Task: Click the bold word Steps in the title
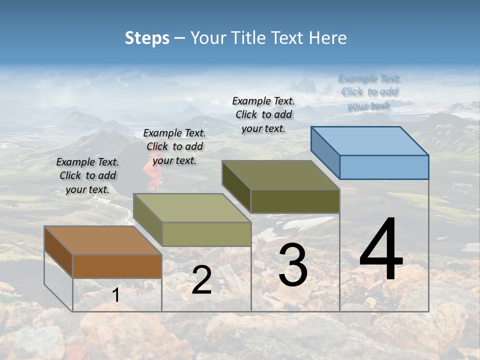click(x=147, y=38)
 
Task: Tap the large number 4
click(x=381, y=250)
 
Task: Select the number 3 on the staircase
click(x=292, y=265)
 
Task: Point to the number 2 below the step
click(x=201, y=280)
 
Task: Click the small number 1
click(x=115, y=295)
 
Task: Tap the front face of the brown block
click(x=117, y=266)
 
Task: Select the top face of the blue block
click(x=369, y=140)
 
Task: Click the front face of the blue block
click(x=384, y=167)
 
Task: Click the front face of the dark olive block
click(x=295, y=201)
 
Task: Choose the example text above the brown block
click(x=87, y=175)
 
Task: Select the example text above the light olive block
click(x=174, y=146)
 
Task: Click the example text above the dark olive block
click(x=263, y=114)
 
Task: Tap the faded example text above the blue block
click(x=369, y=92)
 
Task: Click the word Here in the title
click(x=328, y=38)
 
